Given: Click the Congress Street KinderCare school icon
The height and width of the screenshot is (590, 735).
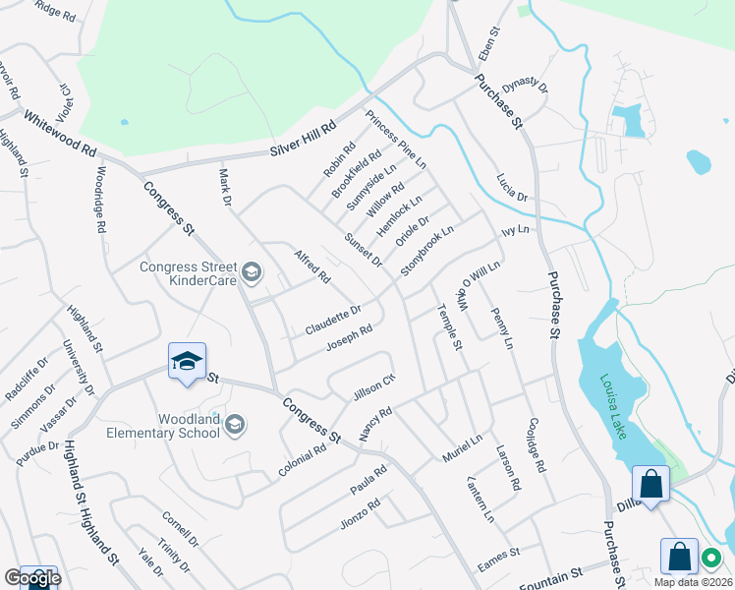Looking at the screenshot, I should coord(252,272).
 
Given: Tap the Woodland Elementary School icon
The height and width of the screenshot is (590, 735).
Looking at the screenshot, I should coord(234,425).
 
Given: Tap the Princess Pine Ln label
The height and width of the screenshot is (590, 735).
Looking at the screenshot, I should coord(396,140).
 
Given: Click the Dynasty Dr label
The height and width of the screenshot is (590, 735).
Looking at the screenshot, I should coord(525,88).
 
